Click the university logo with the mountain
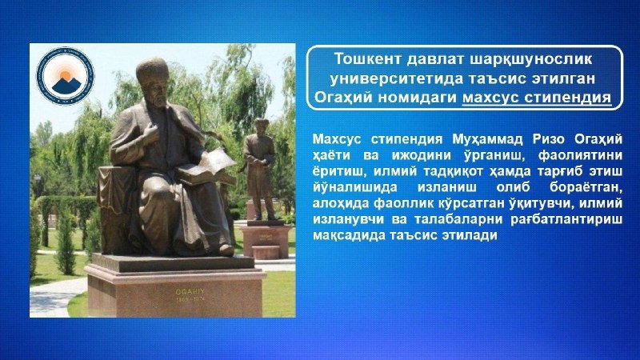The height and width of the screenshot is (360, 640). [66, 76]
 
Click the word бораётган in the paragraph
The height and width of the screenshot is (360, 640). [586, 187]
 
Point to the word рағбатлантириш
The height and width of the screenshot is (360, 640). [566, 219]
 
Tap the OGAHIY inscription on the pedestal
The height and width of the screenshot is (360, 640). [190, 292]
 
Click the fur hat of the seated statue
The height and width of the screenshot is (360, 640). [153, 70]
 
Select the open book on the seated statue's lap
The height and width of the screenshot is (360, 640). [206, 167]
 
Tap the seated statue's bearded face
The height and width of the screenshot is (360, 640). [156, 93]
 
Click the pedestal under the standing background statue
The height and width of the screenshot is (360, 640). [266, 241]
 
